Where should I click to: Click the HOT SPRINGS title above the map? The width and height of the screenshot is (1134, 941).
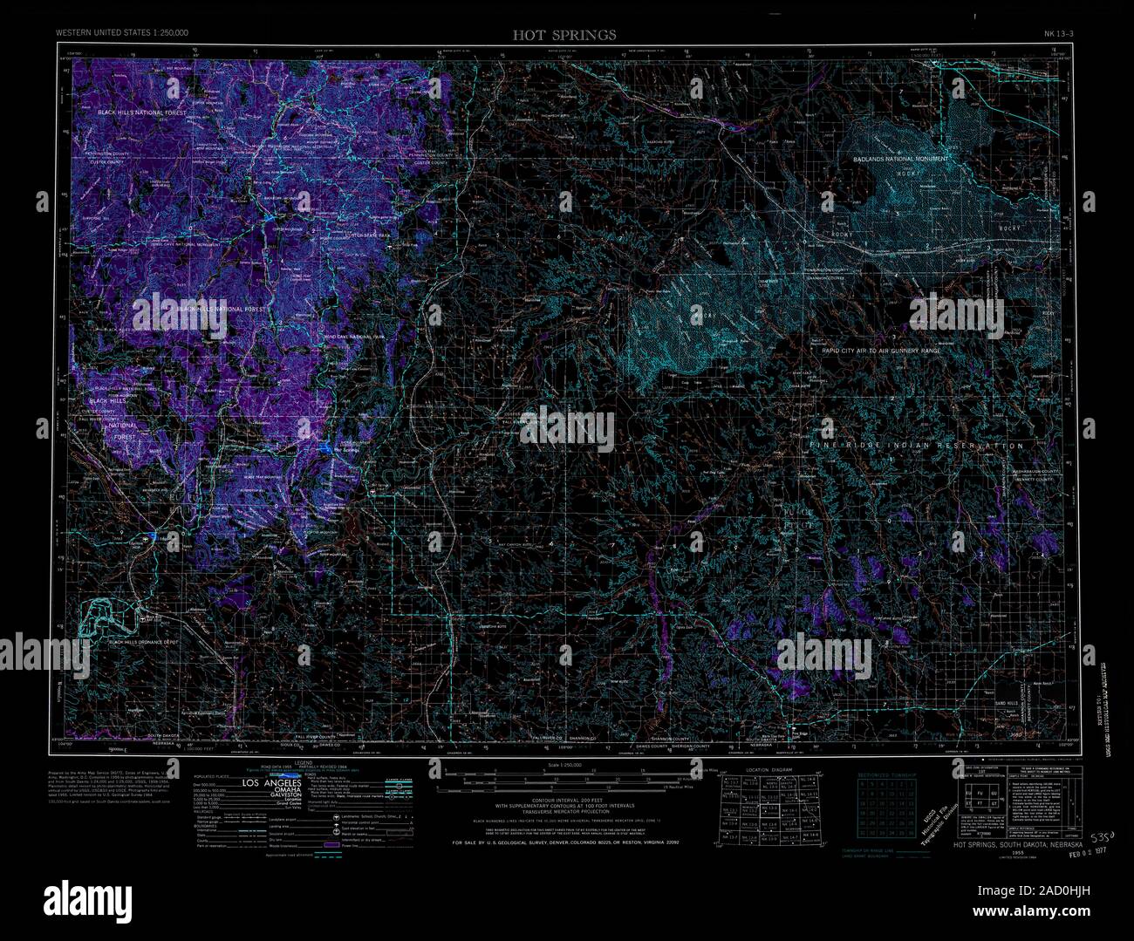[564, 35]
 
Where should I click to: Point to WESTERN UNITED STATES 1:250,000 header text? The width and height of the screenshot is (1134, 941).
[122, 32]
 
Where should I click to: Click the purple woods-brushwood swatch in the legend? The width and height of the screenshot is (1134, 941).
[330, 845]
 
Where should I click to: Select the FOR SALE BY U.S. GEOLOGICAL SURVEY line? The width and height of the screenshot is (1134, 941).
[565, 843]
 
